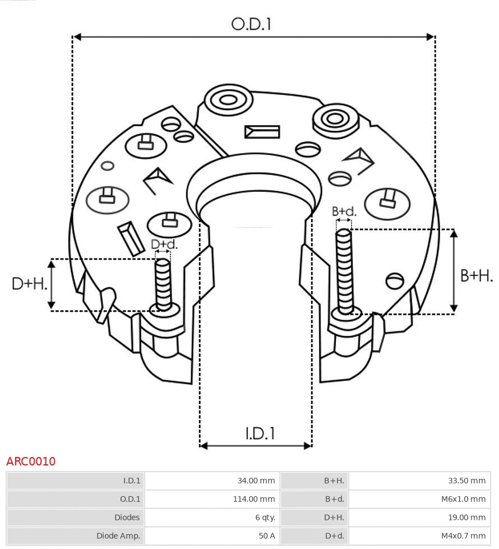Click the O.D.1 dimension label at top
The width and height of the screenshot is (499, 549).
click(x=251, y=24)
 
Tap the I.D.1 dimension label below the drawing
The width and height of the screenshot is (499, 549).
click(x=260, y=433)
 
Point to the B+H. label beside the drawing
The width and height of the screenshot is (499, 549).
click(x=476, y=275)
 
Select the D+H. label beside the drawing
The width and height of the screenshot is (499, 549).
click(x=29, y=283)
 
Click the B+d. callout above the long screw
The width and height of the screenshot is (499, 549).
click(x=344, y=211)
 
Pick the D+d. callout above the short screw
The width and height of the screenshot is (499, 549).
click(x=164, y=244)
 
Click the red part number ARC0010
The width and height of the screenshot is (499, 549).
click(x=31, y=462)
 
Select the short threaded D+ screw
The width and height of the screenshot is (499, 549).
click(x=164, y=283)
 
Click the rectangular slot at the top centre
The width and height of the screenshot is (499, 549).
click(x=262, y=132)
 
